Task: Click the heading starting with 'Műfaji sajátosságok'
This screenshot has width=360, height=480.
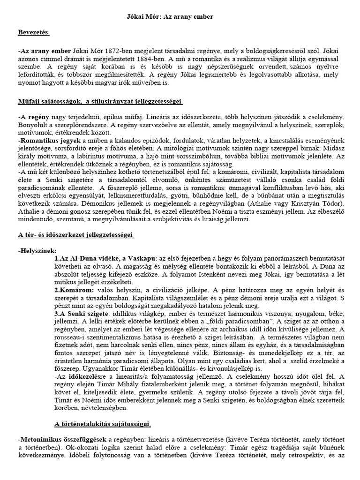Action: point(101,102)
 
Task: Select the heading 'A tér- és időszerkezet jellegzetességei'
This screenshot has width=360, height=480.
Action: point(76,234)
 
